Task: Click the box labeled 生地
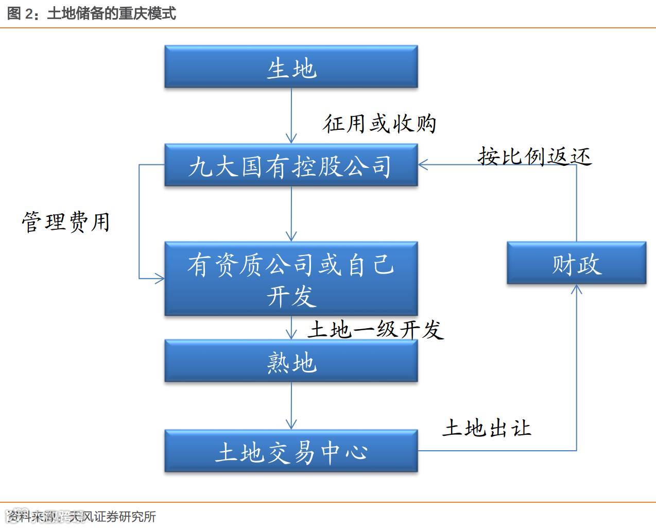291,67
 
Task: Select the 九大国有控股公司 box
291,165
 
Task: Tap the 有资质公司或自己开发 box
291,279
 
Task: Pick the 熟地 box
291,361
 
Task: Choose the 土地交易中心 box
291,451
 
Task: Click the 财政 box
576,263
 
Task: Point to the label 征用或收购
379,124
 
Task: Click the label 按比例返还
534,156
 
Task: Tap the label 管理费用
66,222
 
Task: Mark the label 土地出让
486,428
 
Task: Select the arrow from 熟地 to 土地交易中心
291,405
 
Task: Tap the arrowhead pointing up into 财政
576,289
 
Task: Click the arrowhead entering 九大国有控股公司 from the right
423,165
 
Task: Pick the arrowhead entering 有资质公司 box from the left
160,279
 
